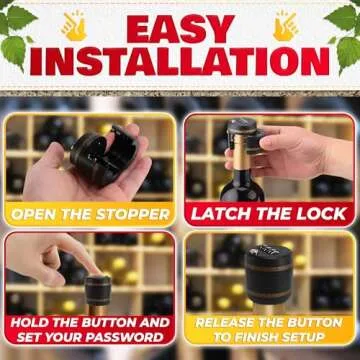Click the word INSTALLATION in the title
coord(180,62)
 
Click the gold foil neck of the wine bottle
coord(240,170)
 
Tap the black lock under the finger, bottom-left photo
coord(97,292)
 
